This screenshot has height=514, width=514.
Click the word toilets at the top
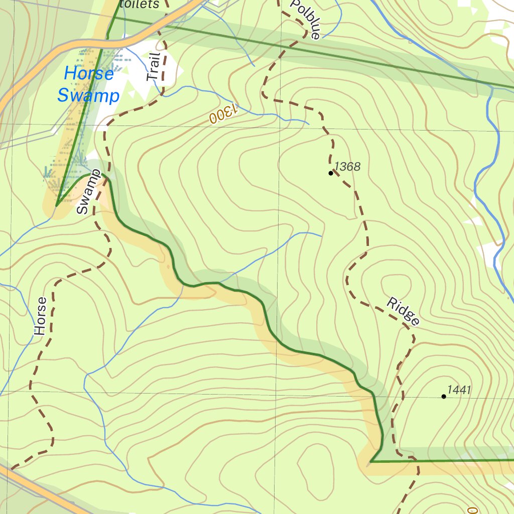click(x=140, y=4)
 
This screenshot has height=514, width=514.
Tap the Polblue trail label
click(x=305, y=19)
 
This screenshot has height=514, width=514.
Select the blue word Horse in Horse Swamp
click(x=89, y=74)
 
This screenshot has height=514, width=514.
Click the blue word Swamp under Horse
click(x=88, y=95)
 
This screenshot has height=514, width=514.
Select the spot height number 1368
click(x=347, y=166)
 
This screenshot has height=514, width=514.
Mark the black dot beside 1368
click(x=330, y=173)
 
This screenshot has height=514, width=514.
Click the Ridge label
click(x=403, y=311)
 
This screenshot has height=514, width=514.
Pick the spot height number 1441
click(x=459, y=390)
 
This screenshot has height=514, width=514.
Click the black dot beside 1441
click(x=444, y=397)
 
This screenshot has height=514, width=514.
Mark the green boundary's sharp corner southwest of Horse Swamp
click(x=57, y=205)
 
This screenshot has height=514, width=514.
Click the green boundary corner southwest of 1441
click(x=370, y=461)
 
